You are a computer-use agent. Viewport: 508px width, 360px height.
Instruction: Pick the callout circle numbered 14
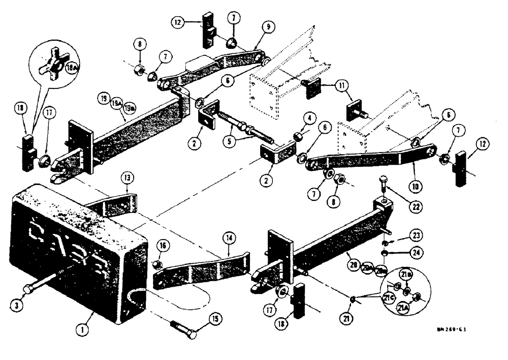coord(230,236)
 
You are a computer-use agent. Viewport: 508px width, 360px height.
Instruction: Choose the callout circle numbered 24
coord(418,251)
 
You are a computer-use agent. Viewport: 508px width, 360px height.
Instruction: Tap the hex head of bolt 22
coord(383,178)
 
